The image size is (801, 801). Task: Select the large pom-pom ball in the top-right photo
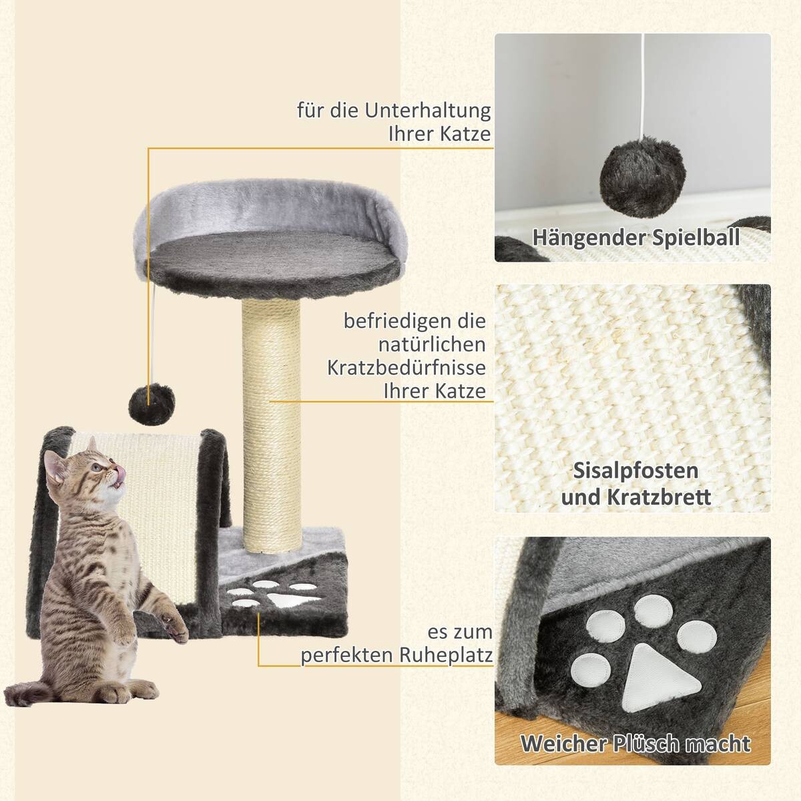click(x=631, y=176)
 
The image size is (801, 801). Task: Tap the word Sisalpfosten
click(x=635, y=470)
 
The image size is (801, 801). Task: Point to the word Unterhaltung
click(x=427, y=109)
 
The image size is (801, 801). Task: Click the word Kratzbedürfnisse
click(x=407, y=368)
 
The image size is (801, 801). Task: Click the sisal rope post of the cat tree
click(x=270, y=427)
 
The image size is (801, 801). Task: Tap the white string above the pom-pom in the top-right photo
click(x=641, y=87)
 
